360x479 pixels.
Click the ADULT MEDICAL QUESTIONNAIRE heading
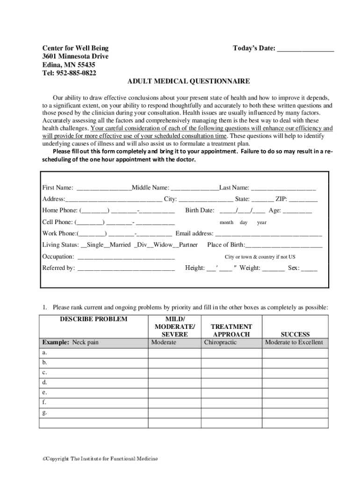tap(189, 81)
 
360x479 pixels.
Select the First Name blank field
tap(104, 188)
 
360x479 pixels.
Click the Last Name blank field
tap(283, 188)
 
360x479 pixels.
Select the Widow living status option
tap(162, 245)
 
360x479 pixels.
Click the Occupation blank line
tap(126, 257)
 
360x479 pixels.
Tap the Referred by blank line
tap(126, 269)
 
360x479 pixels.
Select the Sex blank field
tap(310, 269)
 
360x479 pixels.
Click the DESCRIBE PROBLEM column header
tap(93, 319)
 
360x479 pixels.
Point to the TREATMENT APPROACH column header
tap(231, 330)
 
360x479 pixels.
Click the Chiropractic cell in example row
tap(221, 342)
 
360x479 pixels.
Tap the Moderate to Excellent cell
tap(294, 342)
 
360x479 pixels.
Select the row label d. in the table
tap(44, 383)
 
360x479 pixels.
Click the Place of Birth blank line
tap(284, 245)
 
